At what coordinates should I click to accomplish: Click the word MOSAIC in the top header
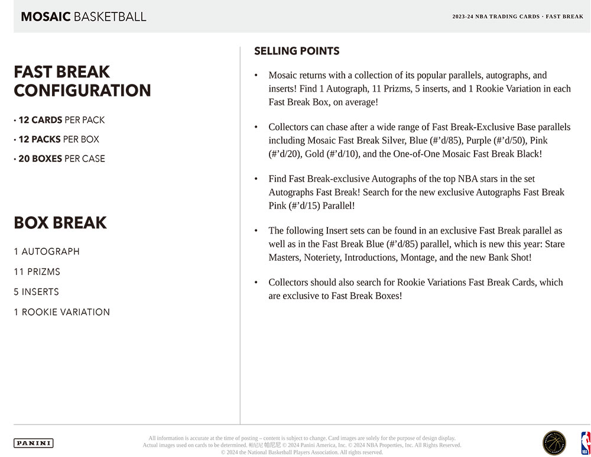[46, 17]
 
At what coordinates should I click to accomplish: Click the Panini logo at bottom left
[33, 443]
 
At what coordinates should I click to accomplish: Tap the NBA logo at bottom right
[585, 443]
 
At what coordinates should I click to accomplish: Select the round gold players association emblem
[554, 443]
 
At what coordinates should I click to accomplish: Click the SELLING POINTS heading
[297, 51]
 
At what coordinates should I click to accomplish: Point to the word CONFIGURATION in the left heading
[82, 90]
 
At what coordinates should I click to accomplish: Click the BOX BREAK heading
[60, 223]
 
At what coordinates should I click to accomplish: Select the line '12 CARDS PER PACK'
[61, 120]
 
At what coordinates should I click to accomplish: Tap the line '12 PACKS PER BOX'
[59, 140]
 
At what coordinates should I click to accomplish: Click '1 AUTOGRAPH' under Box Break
[47, 252]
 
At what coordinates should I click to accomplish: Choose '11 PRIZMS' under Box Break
[37, 272]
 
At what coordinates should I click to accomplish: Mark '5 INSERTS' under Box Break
[36, 292]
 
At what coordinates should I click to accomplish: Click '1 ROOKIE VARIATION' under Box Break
[61, 312]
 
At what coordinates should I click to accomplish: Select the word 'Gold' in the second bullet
[314, 154]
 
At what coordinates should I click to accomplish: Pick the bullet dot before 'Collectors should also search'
[256, 283]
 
